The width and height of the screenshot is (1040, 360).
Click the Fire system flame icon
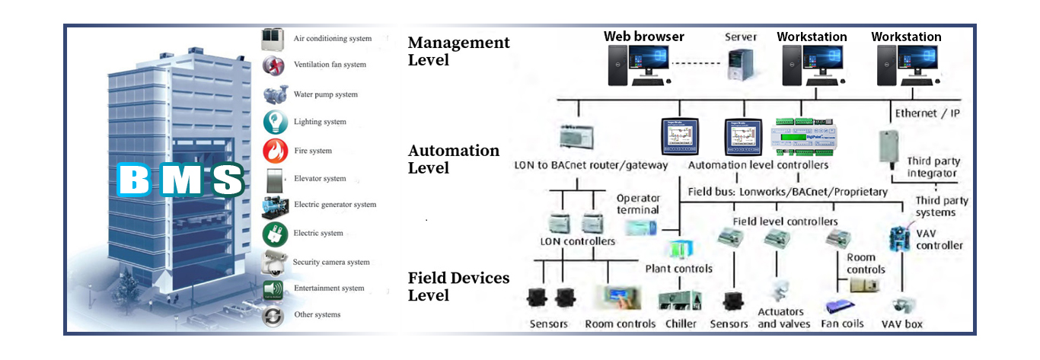[273, 151]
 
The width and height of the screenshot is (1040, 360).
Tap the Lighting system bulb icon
[273, 122]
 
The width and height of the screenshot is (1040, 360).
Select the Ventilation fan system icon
[273, 65]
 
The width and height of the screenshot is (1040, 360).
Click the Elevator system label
[320, 179]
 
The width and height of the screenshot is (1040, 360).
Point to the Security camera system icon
[273, 262]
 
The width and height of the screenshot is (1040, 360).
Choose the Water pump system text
[325, 94]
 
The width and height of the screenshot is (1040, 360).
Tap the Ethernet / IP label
[927, 113]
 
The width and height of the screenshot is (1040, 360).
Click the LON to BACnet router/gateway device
[580, 135]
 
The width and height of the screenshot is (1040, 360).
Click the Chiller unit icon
[674, 300]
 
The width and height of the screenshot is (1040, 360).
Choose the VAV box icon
[904, 304]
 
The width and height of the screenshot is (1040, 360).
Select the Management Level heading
[458, 51]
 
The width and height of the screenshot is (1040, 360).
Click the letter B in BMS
[136, 180]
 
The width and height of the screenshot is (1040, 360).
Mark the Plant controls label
[678, 269]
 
